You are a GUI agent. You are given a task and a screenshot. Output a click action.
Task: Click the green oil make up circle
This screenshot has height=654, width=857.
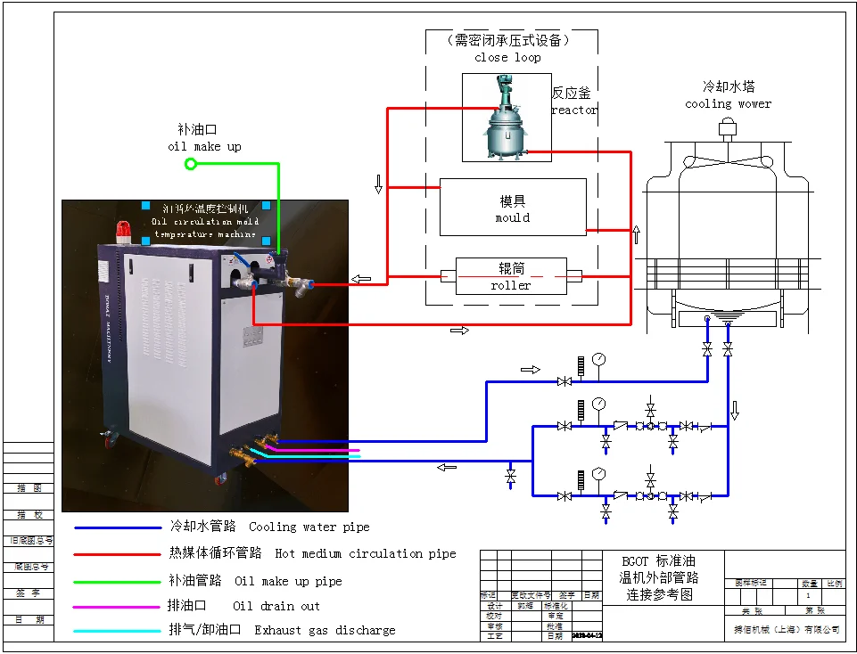[190, 164]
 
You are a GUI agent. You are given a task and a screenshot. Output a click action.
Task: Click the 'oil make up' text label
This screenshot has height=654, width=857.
[204, 146]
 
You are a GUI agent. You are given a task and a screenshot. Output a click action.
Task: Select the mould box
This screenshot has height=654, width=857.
[513, 208]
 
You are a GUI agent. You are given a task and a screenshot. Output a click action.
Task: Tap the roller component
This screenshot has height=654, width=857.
[511, 275]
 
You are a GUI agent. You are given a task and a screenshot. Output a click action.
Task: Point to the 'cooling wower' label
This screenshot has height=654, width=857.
[728, 103]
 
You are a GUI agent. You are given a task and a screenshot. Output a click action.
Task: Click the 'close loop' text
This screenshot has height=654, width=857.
[507, 57]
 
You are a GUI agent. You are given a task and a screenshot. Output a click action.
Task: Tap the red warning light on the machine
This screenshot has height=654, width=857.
[123, 233]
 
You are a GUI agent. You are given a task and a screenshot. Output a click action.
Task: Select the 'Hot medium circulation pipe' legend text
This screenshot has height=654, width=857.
[365, 553]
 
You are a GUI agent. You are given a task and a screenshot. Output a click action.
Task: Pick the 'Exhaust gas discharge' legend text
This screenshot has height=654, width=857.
[325, 630]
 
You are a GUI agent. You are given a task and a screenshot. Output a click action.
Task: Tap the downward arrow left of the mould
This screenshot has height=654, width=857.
[378, 184]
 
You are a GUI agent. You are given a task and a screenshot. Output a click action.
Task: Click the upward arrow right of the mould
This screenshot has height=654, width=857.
[637, 234]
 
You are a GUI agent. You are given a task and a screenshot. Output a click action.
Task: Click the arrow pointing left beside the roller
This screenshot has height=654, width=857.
[361, 280]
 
